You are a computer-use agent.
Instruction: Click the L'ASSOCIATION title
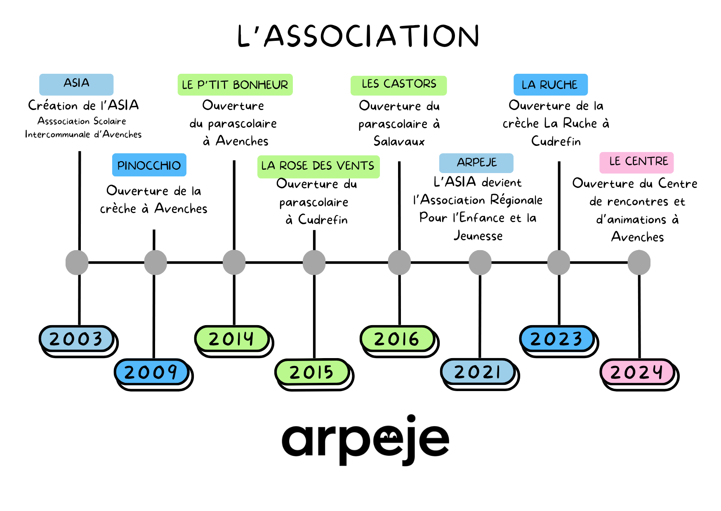(x=358, y=36)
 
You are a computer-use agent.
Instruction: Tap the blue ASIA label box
(x=76, y=84)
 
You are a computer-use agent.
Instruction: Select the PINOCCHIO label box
(x=149, y=165)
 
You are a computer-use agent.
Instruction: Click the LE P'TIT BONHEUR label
(x=235, y=84)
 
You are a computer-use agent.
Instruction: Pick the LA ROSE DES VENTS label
(x=318, y=166)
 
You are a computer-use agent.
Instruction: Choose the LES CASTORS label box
(x=398, y=85)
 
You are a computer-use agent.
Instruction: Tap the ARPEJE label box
(x=476, y=163)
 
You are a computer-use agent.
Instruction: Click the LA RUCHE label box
(x=550, y=84)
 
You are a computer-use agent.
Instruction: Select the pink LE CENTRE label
(x=636, y=162)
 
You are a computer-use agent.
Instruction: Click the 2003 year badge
(x=76, y=339)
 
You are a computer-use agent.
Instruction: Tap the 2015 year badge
(x=312, y=372)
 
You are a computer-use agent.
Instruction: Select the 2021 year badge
(x=478, y=372)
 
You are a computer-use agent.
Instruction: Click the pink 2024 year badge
(x=637, y=372)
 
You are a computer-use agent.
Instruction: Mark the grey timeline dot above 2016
(x=399, y=263)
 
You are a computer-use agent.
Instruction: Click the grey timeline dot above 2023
(x=558, y=263)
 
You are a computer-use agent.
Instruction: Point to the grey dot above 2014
(x=234, y=263)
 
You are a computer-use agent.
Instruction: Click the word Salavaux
(x=399, y=141)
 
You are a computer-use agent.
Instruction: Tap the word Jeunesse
(x=478, y=236)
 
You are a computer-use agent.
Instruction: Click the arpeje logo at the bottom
(x=365, y=440)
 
